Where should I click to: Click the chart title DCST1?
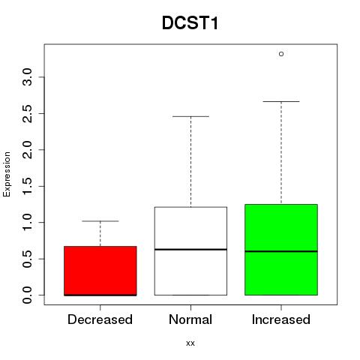click(x=190, y=23)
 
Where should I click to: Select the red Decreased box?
click(x=100, y=271)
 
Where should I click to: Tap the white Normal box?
click(x=190, y=251)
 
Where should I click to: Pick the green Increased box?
click(x=281, y=250)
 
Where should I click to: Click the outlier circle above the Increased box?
click(x=281, y=54)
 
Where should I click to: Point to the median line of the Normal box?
click(x=190, y=249)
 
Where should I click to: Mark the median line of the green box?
click(x=281, y=251)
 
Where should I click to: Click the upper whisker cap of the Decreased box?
click(x=100, y=221)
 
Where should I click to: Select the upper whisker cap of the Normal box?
click(x=190, y=116)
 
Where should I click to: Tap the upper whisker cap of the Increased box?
click(x=281, y=101)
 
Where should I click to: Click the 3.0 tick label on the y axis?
click(x=27, y=77)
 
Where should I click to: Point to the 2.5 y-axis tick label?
click(x=27, y=113)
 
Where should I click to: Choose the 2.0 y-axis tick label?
click(x=27, y=150)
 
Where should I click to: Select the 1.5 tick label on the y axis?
click(x=27, y=186)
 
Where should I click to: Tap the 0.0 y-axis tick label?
click(x=27, y=295)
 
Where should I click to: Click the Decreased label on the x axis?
click(x=100, y=319)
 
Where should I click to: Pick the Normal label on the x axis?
click(x=190, y=319)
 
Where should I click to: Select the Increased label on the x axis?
click(x=281, y=319)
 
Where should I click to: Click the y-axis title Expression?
click(x=7, y=174)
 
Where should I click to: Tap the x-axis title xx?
click(x=190, y=343)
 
